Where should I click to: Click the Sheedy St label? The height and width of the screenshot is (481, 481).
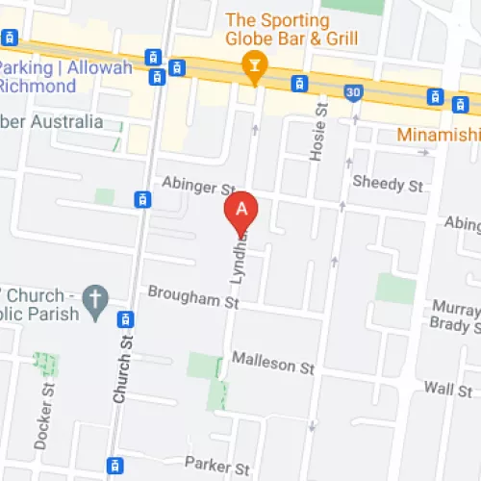[x=387, y=184]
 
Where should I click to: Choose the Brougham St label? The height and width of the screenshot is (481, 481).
[x=191, y=299]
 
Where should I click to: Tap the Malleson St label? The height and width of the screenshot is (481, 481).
[x=273, y=366]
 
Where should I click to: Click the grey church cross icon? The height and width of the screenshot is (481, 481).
[x=93, y=300]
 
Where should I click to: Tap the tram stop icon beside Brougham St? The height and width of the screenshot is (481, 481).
[x=123, y=318]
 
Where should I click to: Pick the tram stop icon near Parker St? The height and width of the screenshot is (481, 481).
[x=115, y=466]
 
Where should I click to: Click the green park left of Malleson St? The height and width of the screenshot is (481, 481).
[x=203, y=366]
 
